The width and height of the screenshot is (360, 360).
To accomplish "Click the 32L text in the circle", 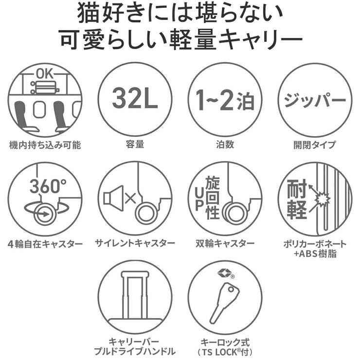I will (135, 99).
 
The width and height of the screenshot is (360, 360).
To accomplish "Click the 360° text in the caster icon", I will (47, 186).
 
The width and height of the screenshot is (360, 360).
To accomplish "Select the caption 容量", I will (135, 144).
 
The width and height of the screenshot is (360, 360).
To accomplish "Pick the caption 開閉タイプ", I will (314, 144).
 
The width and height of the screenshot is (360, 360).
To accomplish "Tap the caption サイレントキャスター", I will (135, 243).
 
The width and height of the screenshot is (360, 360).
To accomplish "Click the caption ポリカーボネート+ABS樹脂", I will (314, 248).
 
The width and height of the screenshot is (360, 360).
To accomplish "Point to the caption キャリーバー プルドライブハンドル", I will (135, 346).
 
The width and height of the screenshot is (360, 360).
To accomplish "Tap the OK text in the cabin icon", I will (45, 75).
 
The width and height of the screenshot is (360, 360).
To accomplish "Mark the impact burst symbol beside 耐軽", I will (321, 198).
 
